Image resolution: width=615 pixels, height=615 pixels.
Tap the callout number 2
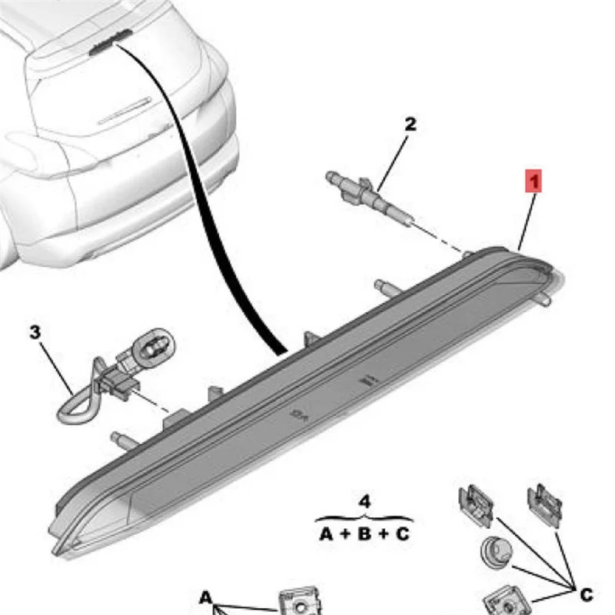tap(411, 124)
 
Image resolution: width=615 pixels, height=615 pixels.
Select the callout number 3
tap(35, 332)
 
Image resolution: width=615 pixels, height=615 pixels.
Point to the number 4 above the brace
tap(365, 501)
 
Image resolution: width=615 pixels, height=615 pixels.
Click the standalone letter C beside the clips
tap(586, 593)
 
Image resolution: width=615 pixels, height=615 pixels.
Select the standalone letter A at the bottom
tap(206, 597)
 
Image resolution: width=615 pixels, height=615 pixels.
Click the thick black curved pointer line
tap(231, 231)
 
